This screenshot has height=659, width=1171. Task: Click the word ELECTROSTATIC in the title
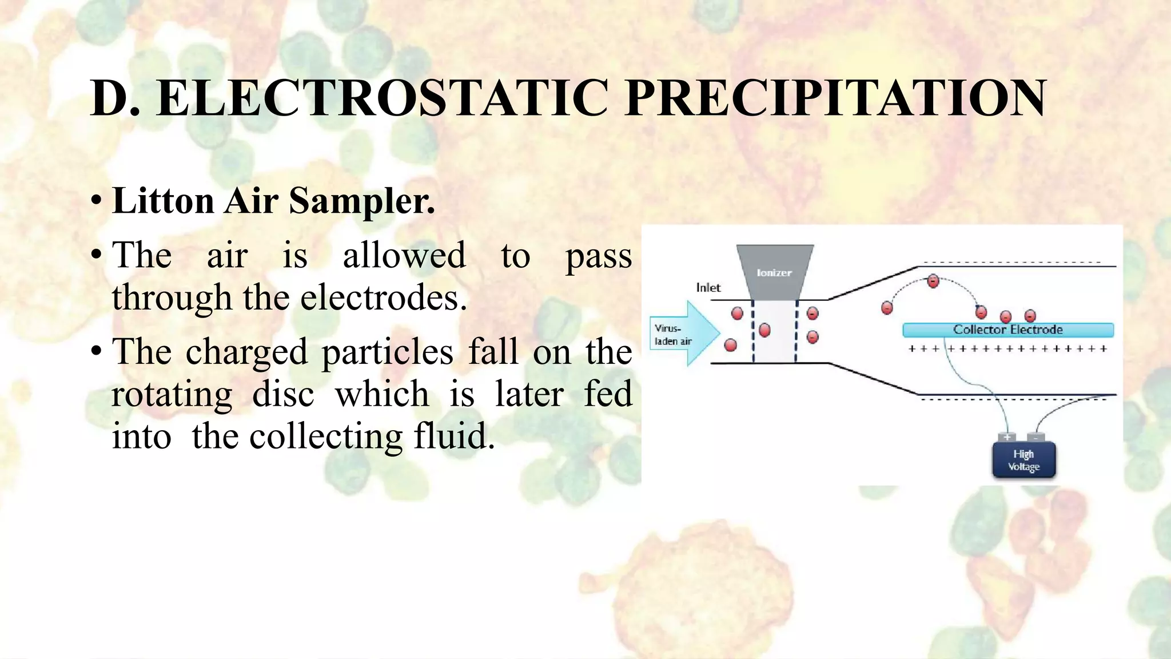pos(382,98)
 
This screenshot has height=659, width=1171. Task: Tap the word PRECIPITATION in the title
pos(835,98)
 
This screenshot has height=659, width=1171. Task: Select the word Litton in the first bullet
pos(163,201)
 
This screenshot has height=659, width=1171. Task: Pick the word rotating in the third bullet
pos(172,395)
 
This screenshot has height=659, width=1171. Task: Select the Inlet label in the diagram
pos(708,288)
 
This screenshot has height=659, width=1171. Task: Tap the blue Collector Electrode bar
pos(1007,329)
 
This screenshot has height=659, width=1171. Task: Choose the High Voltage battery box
pos(1023,460)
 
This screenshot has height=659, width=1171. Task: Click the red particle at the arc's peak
pos(933,281)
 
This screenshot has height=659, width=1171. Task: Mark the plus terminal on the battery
pos(1007,438)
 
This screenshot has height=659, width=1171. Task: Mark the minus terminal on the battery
pos(1036,438)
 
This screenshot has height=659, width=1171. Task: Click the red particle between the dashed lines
pos(764,329)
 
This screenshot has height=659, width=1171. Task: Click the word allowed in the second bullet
pos(404,256)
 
